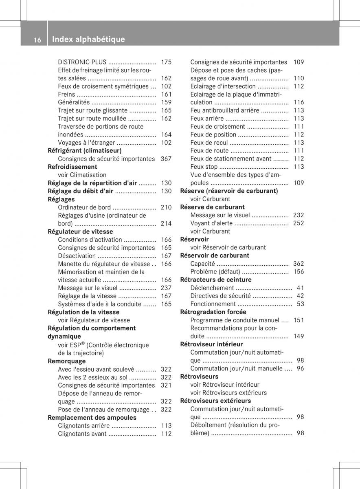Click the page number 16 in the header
tap(37, 40)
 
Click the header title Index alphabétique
tap(88, 40)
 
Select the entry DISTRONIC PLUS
tap(82, 62)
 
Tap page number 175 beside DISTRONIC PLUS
tap(166, 62)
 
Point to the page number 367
tap(166, 159)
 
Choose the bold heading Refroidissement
tap(72, 167)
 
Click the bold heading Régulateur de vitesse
tap(80, 231)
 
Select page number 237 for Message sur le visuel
tap(166, 288)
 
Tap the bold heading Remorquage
tap(67, 361)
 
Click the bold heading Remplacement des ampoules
tap(92, 418)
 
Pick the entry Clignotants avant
tap(82, 434)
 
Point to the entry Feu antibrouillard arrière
tap(224, 110)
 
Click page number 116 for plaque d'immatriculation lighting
tap(299, 102)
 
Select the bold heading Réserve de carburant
tap(213, 207)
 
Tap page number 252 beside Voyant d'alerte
tap(299, 223)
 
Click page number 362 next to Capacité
tap(299, 264)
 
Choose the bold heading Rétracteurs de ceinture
tap(216, 280)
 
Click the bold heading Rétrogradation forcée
tap(213, 312)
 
